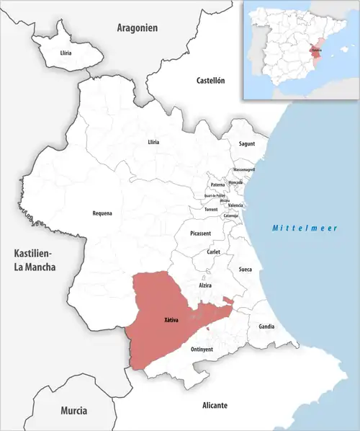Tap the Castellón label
tap(211, 81)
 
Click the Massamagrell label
tap(243, 169)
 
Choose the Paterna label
tap(217, 185)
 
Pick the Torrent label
tap(211, 209)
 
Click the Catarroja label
tap(231, 215)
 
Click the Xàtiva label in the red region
tap(171, 319)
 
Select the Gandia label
tap(266, 326)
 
